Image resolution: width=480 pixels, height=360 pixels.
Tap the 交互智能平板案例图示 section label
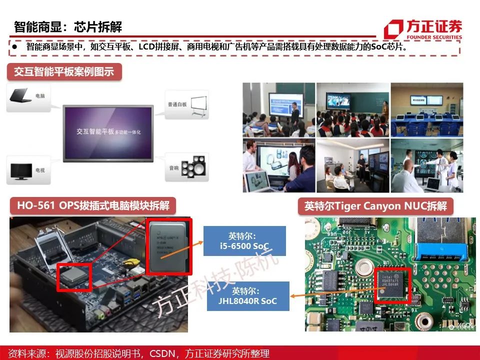pyautogui.click(x=64, y=71)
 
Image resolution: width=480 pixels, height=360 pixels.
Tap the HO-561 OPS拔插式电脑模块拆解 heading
pyautogui.click(x=93, y=205)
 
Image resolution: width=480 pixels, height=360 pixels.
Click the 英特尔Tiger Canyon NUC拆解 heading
pyautogui.click(x=375, y=206)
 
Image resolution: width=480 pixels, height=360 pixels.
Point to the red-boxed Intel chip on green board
pyautogui.click(x=392, y=285)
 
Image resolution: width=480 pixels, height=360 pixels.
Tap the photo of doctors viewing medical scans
pyautogui.click(x=427, y=166)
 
